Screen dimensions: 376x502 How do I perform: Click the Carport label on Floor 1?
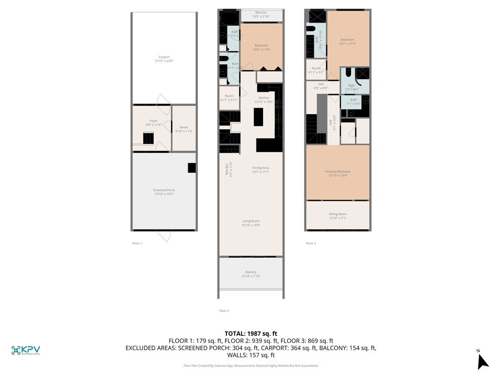coord(164,59)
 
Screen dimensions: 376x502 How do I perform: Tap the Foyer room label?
coord(153,123)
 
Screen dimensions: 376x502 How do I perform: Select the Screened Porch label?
coord(164,192)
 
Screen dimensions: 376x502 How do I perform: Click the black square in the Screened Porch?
coord(192,168)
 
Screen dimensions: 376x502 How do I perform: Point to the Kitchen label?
coord(264,100)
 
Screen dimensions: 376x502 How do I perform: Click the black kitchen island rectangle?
coord(259,117)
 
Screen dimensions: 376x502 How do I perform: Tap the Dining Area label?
coord(261,170)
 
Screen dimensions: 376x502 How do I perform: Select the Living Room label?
coord(250,223)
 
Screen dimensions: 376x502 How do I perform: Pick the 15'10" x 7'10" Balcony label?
coord(250,274)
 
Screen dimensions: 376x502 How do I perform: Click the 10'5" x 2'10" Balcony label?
coord(261,15)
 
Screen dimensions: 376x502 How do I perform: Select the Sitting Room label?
coord(337,216)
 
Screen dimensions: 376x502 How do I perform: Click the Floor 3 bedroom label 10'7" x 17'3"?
coord(347,42)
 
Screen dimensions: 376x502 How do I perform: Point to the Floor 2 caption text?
coord(224,311)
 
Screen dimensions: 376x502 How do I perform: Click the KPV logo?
coord(26,350)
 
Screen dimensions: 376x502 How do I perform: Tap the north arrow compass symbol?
coord(482,360)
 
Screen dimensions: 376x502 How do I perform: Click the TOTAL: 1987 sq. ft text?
coord(250,333)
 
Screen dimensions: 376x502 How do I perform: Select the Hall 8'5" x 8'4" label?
coord(320,86)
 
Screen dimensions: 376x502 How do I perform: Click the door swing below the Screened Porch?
coord(164,235)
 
